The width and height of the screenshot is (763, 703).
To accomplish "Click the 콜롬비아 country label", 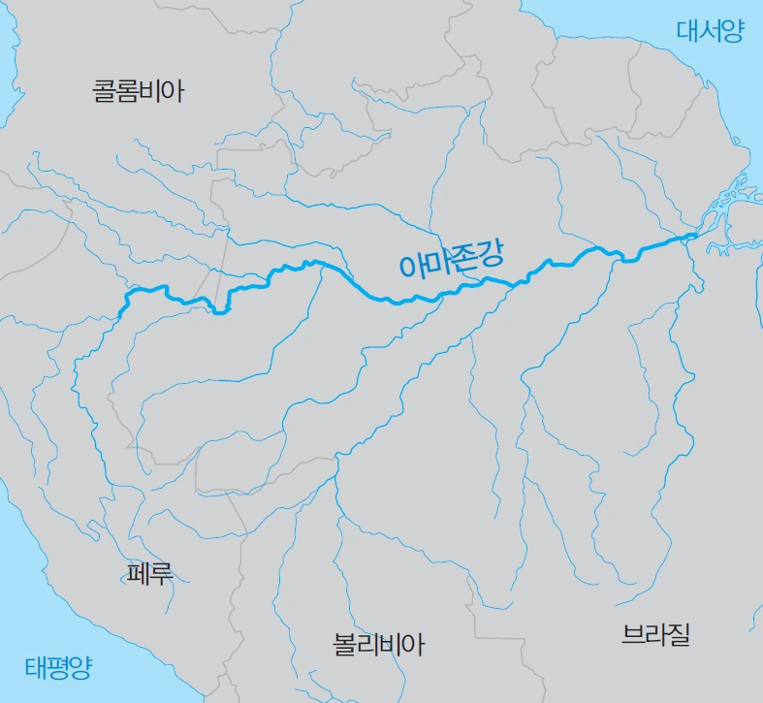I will (x=138, y=92).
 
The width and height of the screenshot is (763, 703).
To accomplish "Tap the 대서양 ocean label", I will (x=710, y=31).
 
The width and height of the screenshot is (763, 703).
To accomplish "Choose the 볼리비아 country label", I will (x=378, y=644).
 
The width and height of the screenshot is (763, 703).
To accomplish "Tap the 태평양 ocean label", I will (x=57, y=667).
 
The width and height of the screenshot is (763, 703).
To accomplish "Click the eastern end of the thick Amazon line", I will (x=695, y=235).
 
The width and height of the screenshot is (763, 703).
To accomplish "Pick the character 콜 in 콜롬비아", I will (x=104, y=92).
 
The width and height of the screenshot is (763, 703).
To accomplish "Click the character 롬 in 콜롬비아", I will (x=127, y=92).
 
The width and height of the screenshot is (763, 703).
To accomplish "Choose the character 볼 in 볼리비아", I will (x=344, y=644).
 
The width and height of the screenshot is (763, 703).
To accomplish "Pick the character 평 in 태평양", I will (x=57, y=667).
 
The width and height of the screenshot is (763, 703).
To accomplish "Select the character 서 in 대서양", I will (x=710, y=31).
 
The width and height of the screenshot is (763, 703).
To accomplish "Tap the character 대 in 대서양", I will (x=687, y=31).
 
